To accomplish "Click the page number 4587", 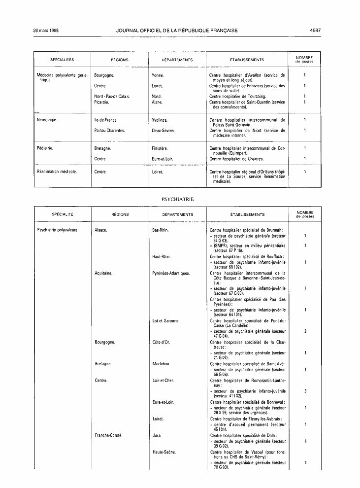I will tap(316, 31).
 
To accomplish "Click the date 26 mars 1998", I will tap(46, 31).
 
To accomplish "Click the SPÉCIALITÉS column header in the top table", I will tap(62, 60).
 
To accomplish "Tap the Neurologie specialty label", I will tap(47, 120).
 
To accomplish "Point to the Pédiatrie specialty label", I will tap(45, 148).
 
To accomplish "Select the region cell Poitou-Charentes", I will tap(109, 131).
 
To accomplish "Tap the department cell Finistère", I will tap(161, 148).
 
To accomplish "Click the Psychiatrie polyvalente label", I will tap(58, 230).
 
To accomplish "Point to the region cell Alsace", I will tap(100, 230).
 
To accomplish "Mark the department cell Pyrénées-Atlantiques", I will tap(171, 273).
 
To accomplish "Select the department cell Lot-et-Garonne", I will tap(166, 321).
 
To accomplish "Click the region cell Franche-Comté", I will tap(108, 435).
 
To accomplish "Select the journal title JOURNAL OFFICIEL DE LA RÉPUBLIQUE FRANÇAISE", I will tap(177, 31).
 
